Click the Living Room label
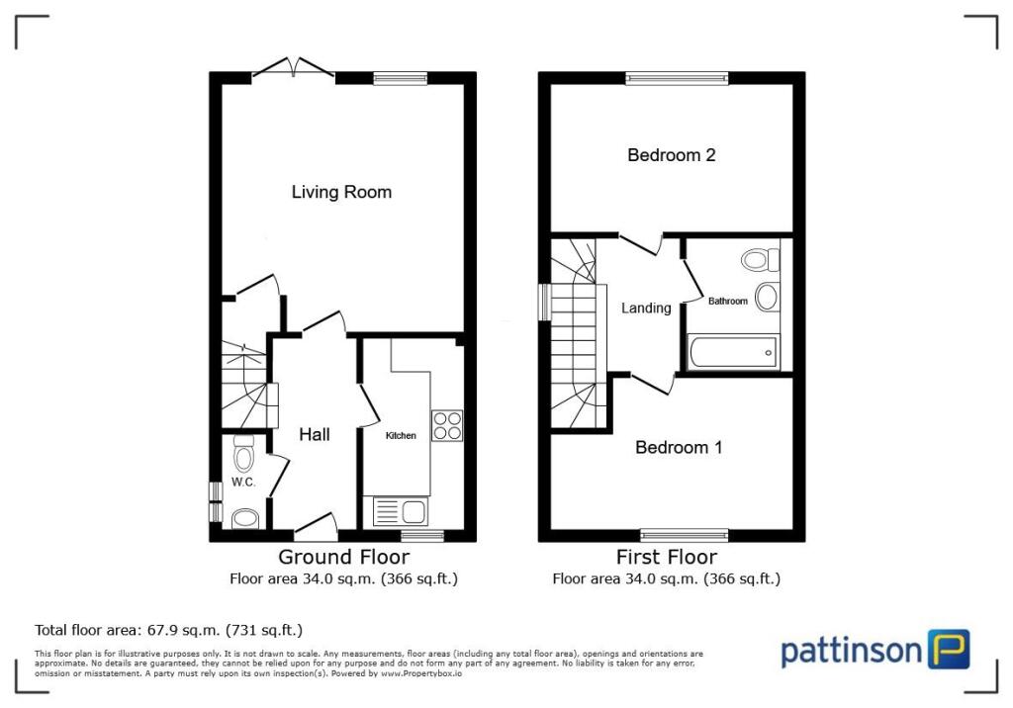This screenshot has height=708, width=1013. tap(341, 192)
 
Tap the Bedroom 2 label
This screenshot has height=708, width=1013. tap(671, 155)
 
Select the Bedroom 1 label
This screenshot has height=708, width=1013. tap(679, 447)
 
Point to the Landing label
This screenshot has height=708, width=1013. tap(646, 308)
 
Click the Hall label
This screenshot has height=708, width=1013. tap(314, 434)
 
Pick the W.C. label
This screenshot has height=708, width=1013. tap(243, 483)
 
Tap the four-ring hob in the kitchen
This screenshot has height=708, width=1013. tap(446, 425)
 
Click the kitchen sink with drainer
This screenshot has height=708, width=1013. tap(400, 511)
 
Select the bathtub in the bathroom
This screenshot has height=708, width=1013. tap(732, 351)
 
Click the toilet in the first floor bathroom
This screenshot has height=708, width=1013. tap(757, 260)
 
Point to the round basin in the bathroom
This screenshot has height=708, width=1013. tap(766, 296)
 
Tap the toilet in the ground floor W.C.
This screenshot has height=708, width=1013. tap(243, 455)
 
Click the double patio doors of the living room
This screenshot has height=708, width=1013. tap(293, 69)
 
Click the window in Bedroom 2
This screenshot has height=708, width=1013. tap(677, 78)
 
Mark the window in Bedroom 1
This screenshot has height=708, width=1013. tap(685, 535)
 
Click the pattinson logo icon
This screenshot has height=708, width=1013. tap(949, 650)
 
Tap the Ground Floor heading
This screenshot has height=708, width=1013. tap(343, 558)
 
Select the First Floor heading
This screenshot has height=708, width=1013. tap(666, 558)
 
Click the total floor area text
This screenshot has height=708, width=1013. tap(168, 629)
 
